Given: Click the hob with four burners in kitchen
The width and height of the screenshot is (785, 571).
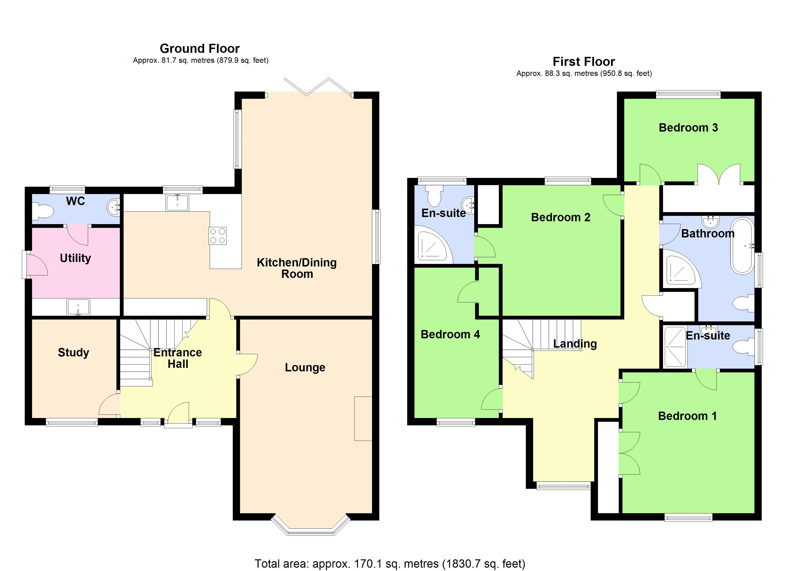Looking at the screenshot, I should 217,236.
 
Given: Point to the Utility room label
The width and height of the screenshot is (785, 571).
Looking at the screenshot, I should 75,258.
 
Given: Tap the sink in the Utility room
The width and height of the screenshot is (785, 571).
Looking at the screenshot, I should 78,307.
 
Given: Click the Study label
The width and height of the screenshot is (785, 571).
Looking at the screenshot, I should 73,353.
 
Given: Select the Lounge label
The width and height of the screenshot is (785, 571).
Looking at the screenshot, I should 305,367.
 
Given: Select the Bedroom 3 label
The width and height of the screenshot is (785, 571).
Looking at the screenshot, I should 688,128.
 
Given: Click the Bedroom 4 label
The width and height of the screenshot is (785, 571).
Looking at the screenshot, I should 450,335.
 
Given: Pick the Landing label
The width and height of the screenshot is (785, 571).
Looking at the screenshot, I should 575,344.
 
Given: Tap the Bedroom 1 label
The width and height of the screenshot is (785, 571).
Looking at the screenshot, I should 687,416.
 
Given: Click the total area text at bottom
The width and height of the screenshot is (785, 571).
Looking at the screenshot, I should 390,563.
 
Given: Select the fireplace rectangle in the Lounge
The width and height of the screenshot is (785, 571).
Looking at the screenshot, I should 363,419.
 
